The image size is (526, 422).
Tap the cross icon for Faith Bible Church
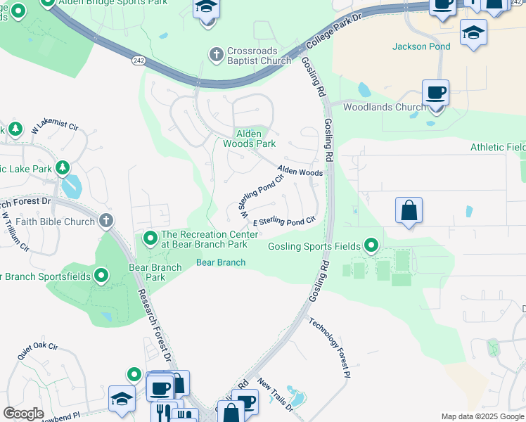(105, 222)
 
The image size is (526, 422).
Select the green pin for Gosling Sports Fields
(371, 246)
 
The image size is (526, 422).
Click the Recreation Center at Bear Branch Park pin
(150, 239)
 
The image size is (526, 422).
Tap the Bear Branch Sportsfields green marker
(101, 276)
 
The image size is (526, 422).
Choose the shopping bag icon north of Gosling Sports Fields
(409, 210)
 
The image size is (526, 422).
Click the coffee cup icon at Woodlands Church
(436, 93)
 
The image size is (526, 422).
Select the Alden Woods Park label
(249, 139)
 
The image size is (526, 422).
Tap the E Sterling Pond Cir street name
(283, 222)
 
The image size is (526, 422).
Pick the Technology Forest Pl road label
(330, 348)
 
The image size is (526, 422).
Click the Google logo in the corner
(24, 414)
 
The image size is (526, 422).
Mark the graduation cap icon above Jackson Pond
(473, 32)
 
